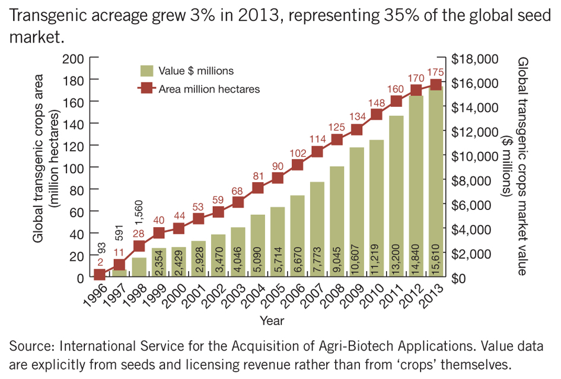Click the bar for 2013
(436, 184)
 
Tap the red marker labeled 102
(298, 165)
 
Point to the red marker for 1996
(100, 275)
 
